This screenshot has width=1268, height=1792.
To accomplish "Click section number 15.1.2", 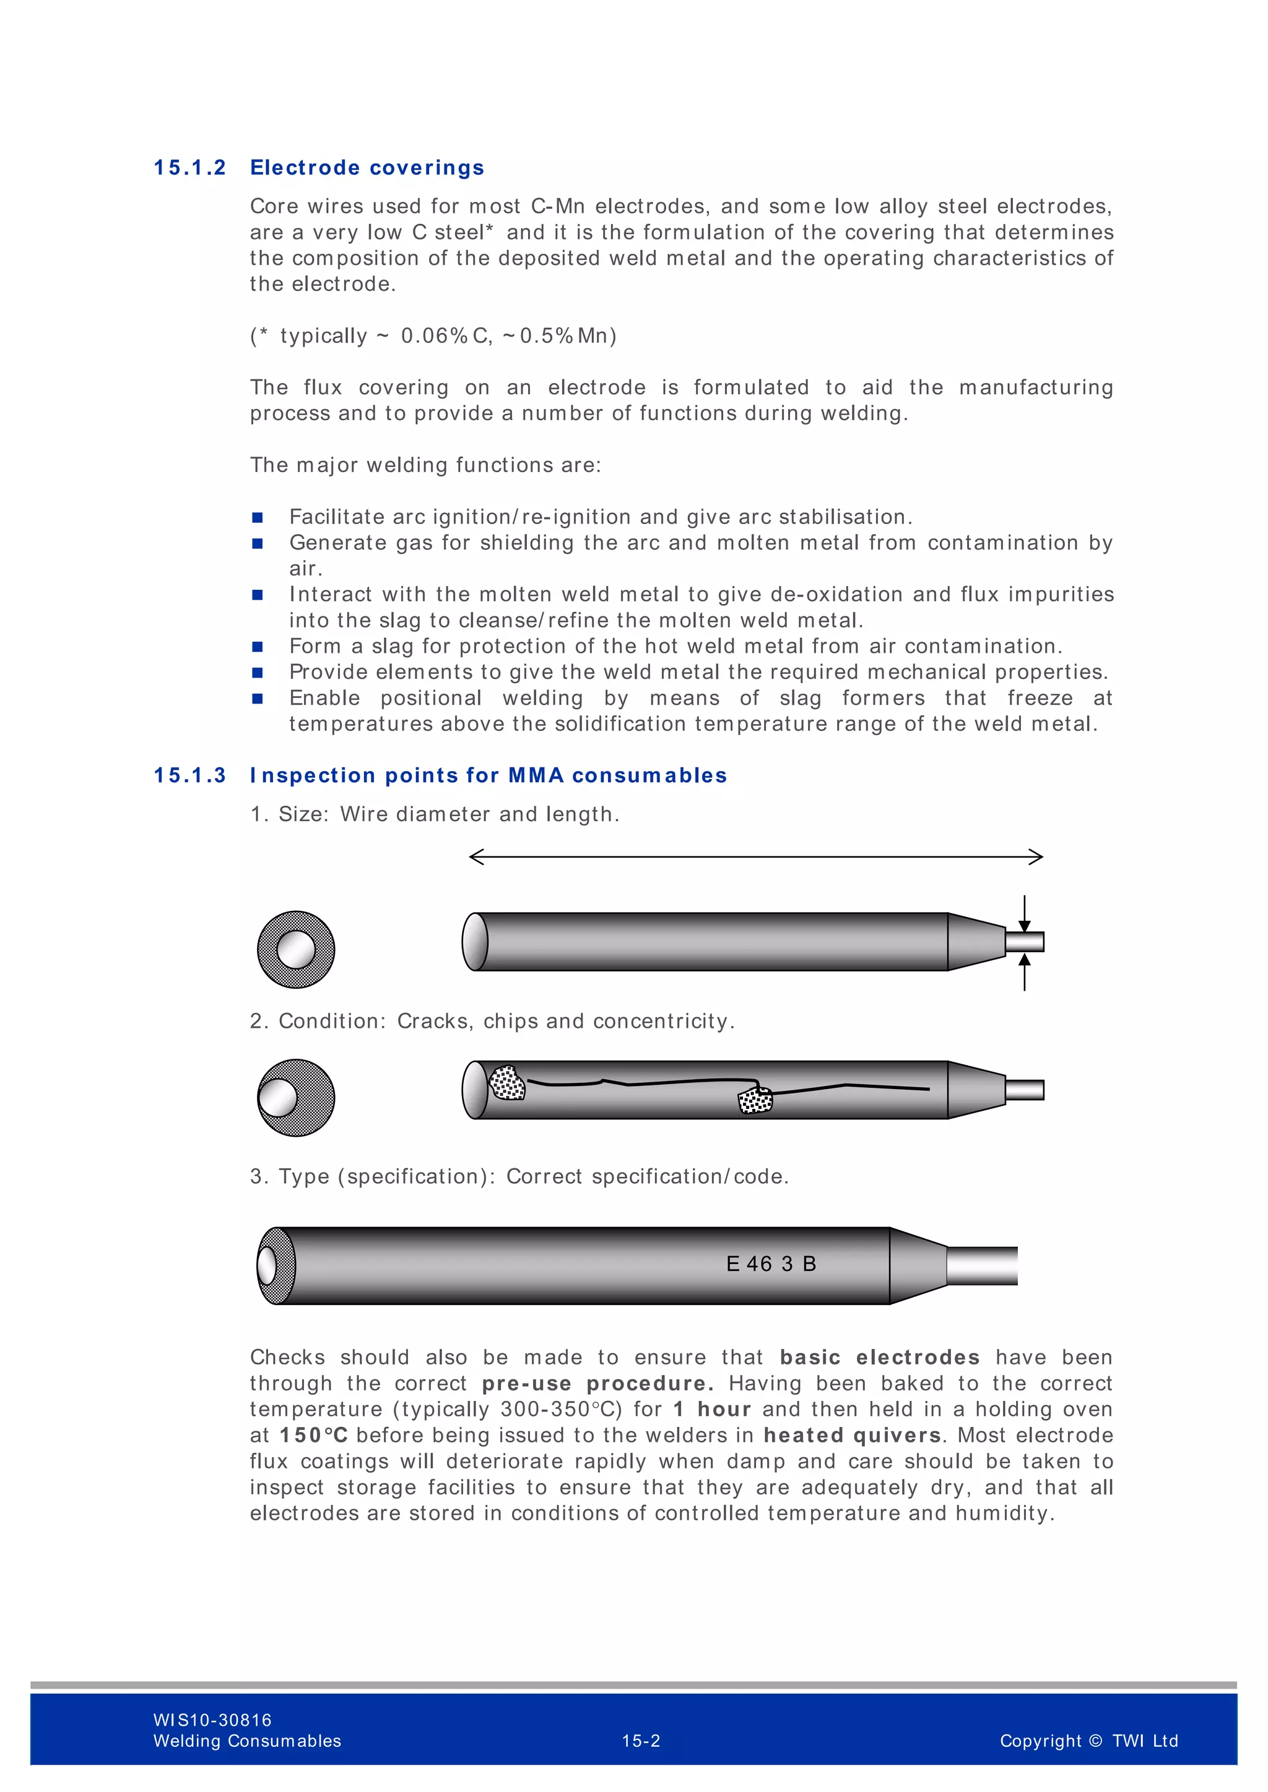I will click(x=189, y=168).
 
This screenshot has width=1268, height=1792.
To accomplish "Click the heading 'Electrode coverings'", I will click(x=367, y=168).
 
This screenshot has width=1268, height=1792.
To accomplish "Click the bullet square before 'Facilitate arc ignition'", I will click(x=258, y=517).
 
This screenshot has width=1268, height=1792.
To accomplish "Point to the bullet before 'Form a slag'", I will click(x=258, y=646).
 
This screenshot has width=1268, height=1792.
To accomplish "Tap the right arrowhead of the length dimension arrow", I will click(x=1038, y=857).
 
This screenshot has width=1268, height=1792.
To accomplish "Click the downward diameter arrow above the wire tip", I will click(x=1025, y=921).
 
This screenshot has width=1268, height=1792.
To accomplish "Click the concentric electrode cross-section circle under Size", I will click(x=296, y=949).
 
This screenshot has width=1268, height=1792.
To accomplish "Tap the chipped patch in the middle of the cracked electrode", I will click(x=755, y=1100).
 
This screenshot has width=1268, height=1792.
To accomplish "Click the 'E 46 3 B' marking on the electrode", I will click(x=771, y=1264).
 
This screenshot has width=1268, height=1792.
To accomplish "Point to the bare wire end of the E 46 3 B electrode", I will click(x=982, y=1265).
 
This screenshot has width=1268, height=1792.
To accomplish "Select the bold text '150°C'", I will click(x=314, y=1436).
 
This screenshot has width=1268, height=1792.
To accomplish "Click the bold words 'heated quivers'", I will click(x=852, y=1436).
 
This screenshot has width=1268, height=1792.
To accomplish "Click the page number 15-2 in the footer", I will click(x=641, y=1741).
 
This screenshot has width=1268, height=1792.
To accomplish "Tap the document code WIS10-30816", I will click(x=212, y=1720).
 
